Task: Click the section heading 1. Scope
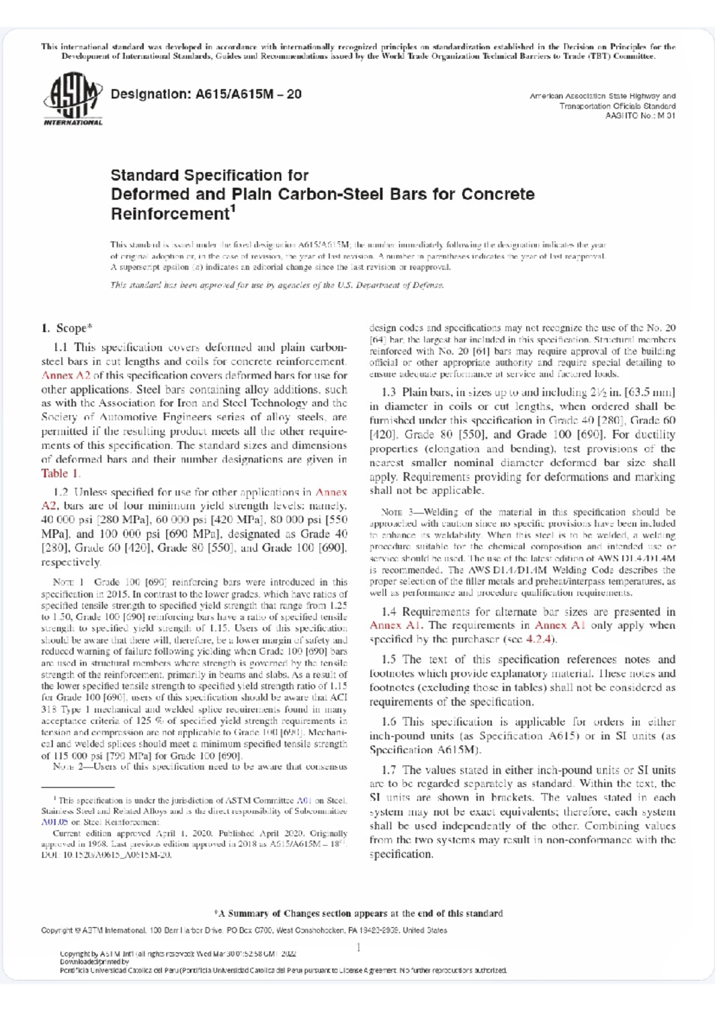pyautogui.click(x=67, y=329)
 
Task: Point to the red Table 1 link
pyautogui.click(x=60, y=474)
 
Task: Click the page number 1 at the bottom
pyautogui.click(x=358, y=947)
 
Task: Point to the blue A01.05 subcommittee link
pyautogui.click(x=54, y=822)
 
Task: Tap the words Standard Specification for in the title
pyautogui.click(x=209, y=176)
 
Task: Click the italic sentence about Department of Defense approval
pyautogui.click(x=276, y=285)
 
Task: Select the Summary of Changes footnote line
pyautogui.click(x=358, y=913)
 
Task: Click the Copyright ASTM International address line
pyautogui.click(x=244, y=930)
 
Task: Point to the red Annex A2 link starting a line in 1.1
pyautogui.click(x=66, y=376)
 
